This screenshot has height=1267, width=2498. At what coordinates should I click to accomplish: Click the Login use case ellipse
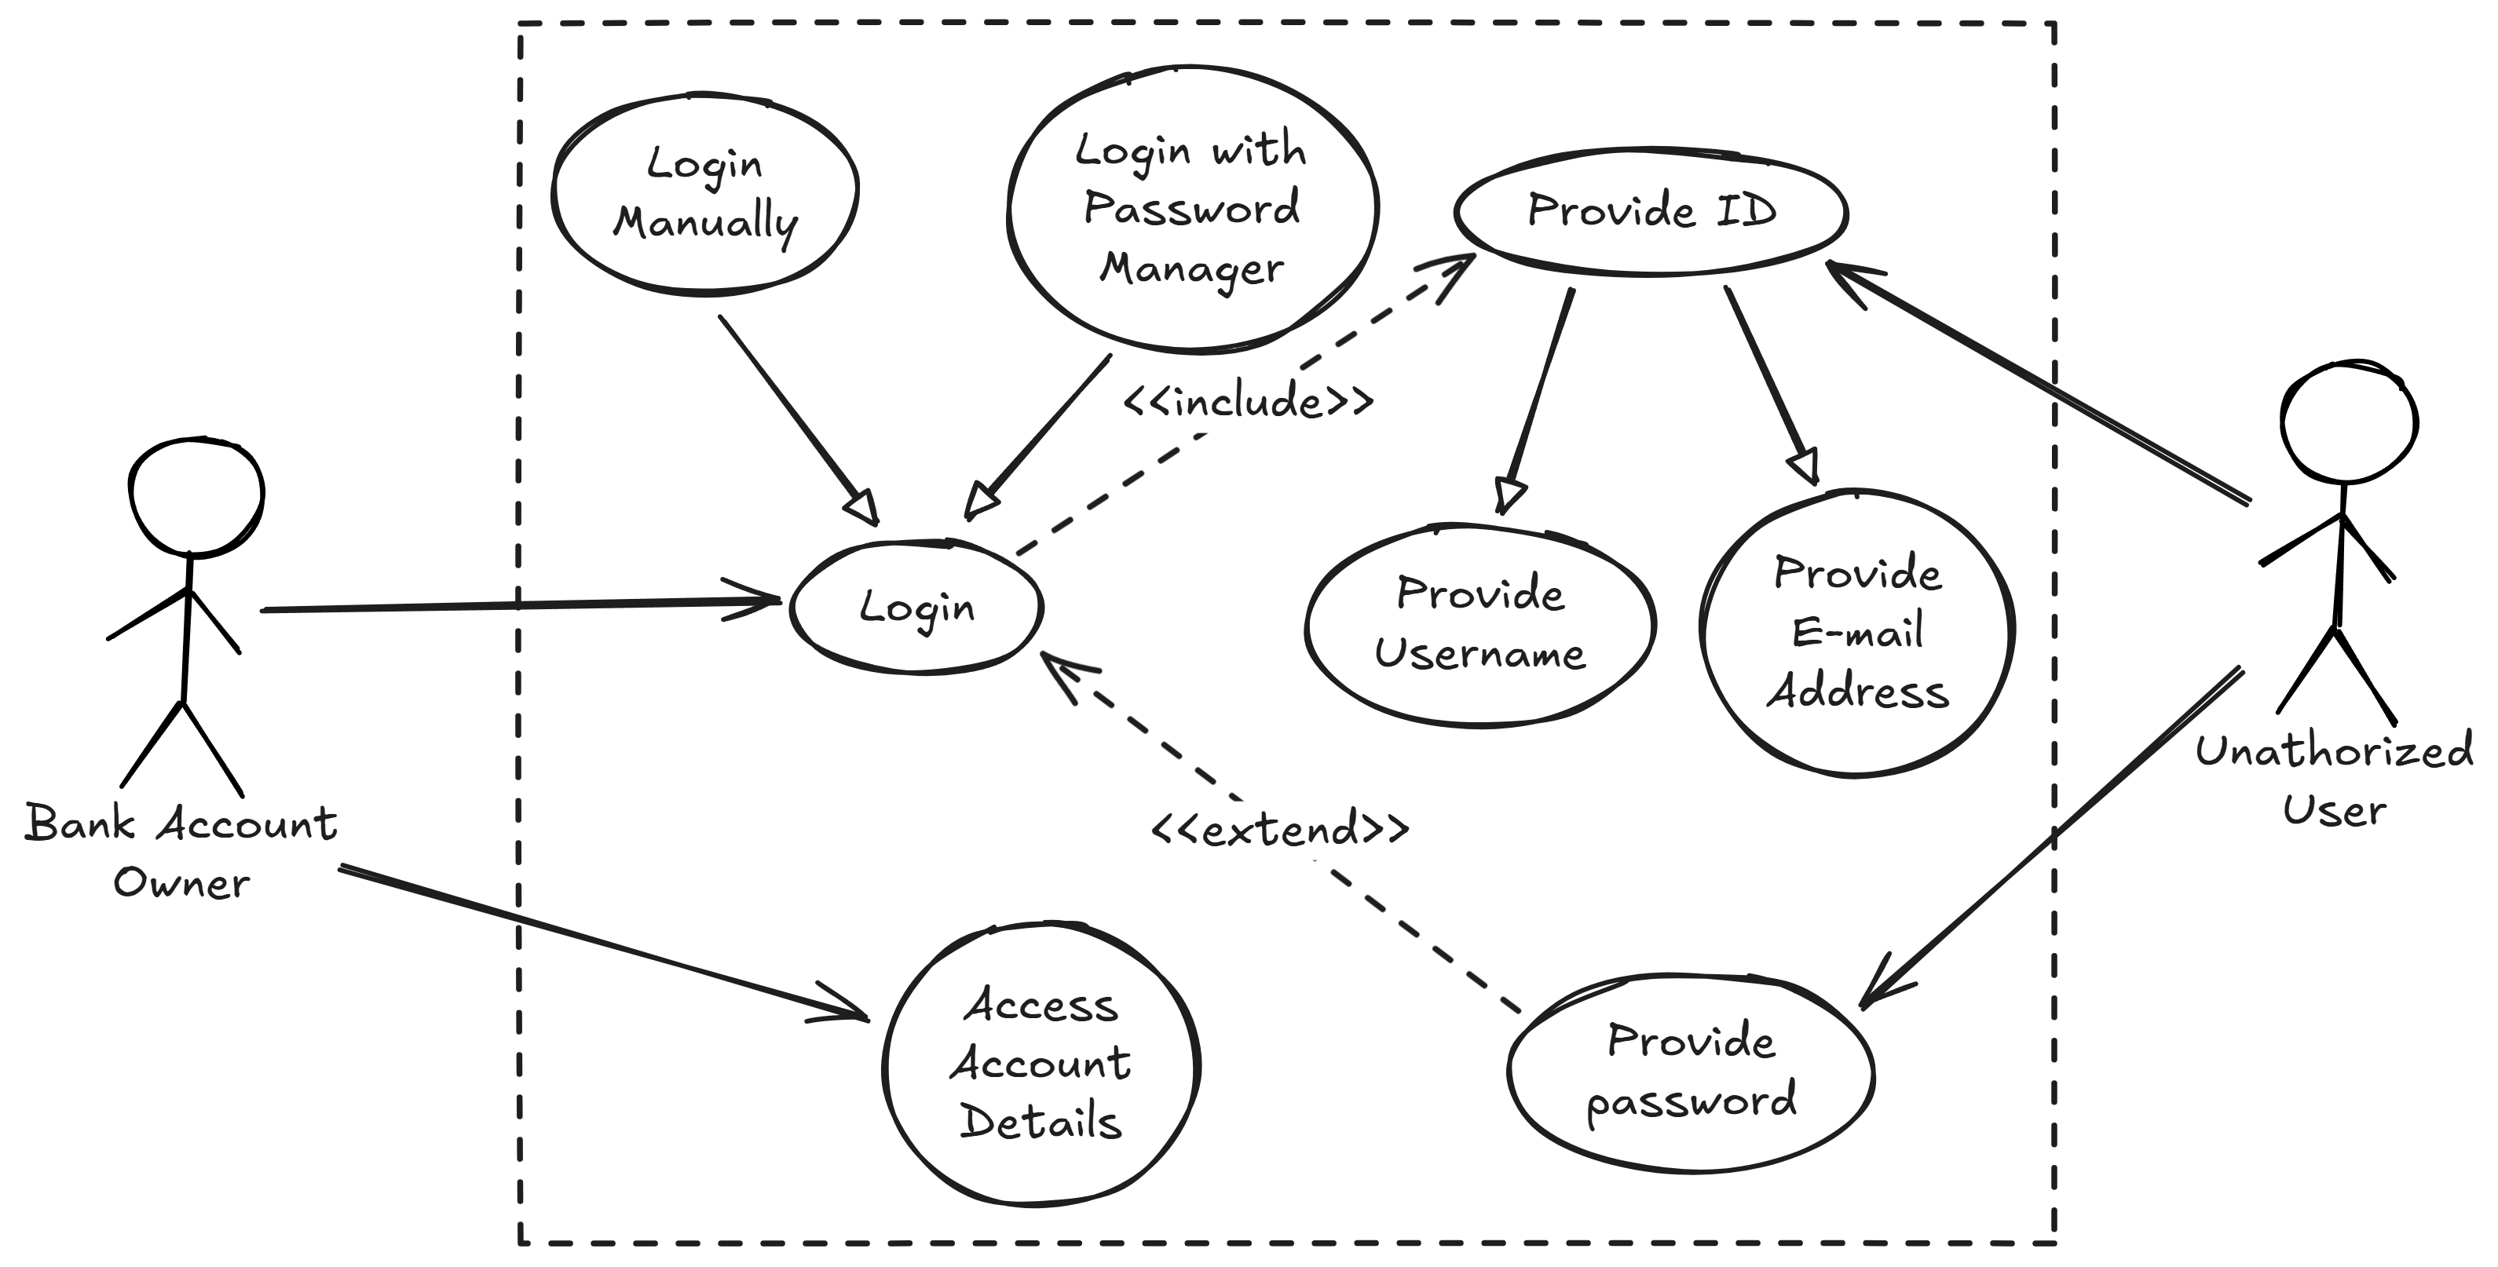point(916,607)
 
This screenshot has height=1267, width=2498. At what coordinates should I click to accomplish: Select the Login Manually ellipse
point(705,194)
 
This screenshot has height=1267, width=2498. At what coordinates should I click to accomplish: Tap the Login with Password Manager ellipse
point(1192,209)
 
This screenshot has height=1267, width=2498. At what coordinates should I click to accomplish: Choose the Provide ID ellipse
point(1651,211)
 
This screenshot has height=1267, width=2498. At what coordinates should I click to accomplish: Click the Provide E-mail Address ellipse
point(1857,633)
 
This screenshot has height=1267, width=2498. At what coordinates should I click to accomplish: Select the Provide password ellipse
point(1692,1072)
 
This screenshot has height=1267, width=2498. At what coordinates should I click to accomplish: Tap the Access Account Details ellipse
point(1041,1064)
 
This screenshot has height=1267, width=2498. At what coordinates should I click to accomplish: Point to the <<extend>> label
point(1279,830)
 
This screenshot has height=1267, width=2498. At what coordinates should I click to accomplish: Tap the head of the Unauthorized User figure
point(2349,422)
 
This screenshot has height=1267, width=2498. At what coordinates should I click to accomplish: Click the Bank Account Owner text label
point(181,852)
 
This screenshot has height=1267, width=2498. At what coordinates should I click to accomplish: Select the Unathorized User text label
point(2334,781)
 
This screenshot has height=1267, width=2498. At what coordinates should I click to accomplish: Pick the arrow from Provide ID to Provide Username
point(1540,397)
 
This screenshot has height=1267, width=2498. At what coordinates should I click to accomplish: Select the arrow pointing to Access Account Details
point(602,941)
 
